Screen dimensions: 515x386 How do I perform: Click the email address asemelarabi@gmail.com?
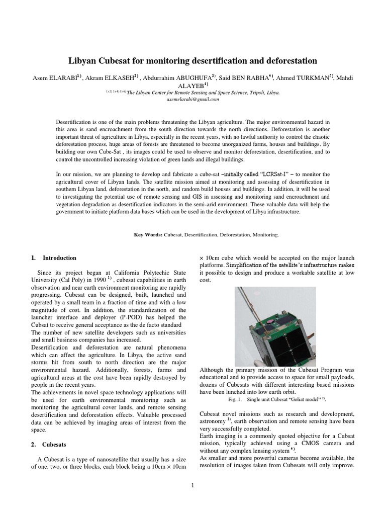[193, 100]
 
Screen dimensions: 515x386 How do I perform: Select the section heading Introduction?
[59, 258]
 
